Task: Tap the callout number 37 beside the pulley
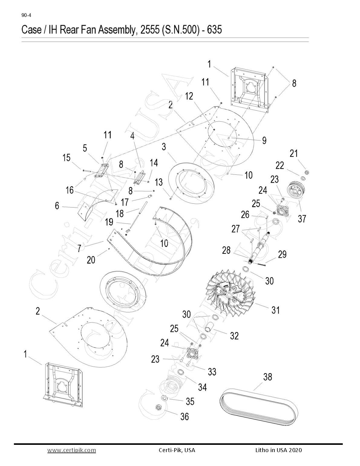pyautogui.click(x=302, y=218)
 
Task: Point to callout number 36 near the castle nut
pyautogui.click(x=184, y=417)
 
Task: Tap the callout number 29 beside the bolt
pyautogui.click(x=282, y=255)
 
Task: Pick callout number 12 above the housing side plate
pyautogui.click(x=189, y=96)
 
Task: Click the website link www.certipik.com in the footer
pyautogui.click(x=72, y=450)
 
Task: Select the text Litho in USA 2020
pyautogui.click(x=278, y=450)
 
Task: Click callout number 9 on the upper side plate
pyautogui.click(x=264, y=140)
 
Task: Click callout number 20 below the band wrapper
pyautogui.click(x=91, y=260)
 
